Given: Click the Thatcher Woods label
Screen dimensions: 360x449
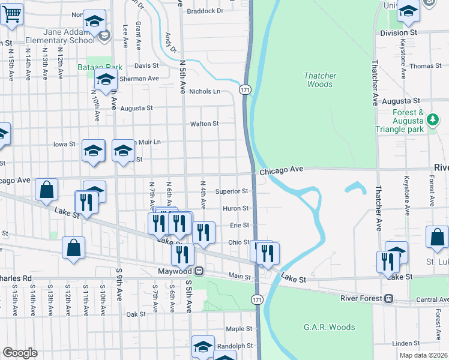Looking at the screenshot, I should [320, 80].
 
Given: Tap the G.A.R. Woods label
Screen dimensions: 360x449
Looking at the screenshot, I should [329, 328].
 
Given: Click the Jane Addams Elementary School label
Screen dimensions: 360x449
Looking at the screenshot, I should [60, 36].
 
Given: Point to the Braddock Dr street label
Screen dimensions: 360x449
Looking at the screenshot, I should [205, 11].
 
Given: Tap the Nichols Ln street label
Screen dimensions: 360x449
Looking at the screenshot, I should [205, 91].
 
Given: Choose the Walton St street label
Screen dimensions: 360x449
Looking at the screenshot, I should [205, 124].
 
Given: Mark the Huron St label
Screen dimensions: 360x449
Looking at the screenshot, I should [236, 208].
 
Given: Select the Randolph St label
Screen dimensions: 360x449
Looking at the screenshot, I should [235, 346].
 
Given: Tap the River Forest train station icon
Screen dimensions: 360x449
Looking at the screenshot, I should [388, 298].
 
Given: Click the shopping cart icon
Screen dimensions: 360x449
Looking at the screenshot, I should [12, 13].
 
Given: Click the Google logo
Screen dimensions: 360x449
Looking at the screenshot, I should [20, 353].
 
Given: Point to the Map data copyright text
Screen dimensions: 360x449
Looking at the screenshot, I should [423, 355].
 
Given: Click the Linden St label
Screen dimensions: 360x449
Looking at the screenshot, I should [407, 343].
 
